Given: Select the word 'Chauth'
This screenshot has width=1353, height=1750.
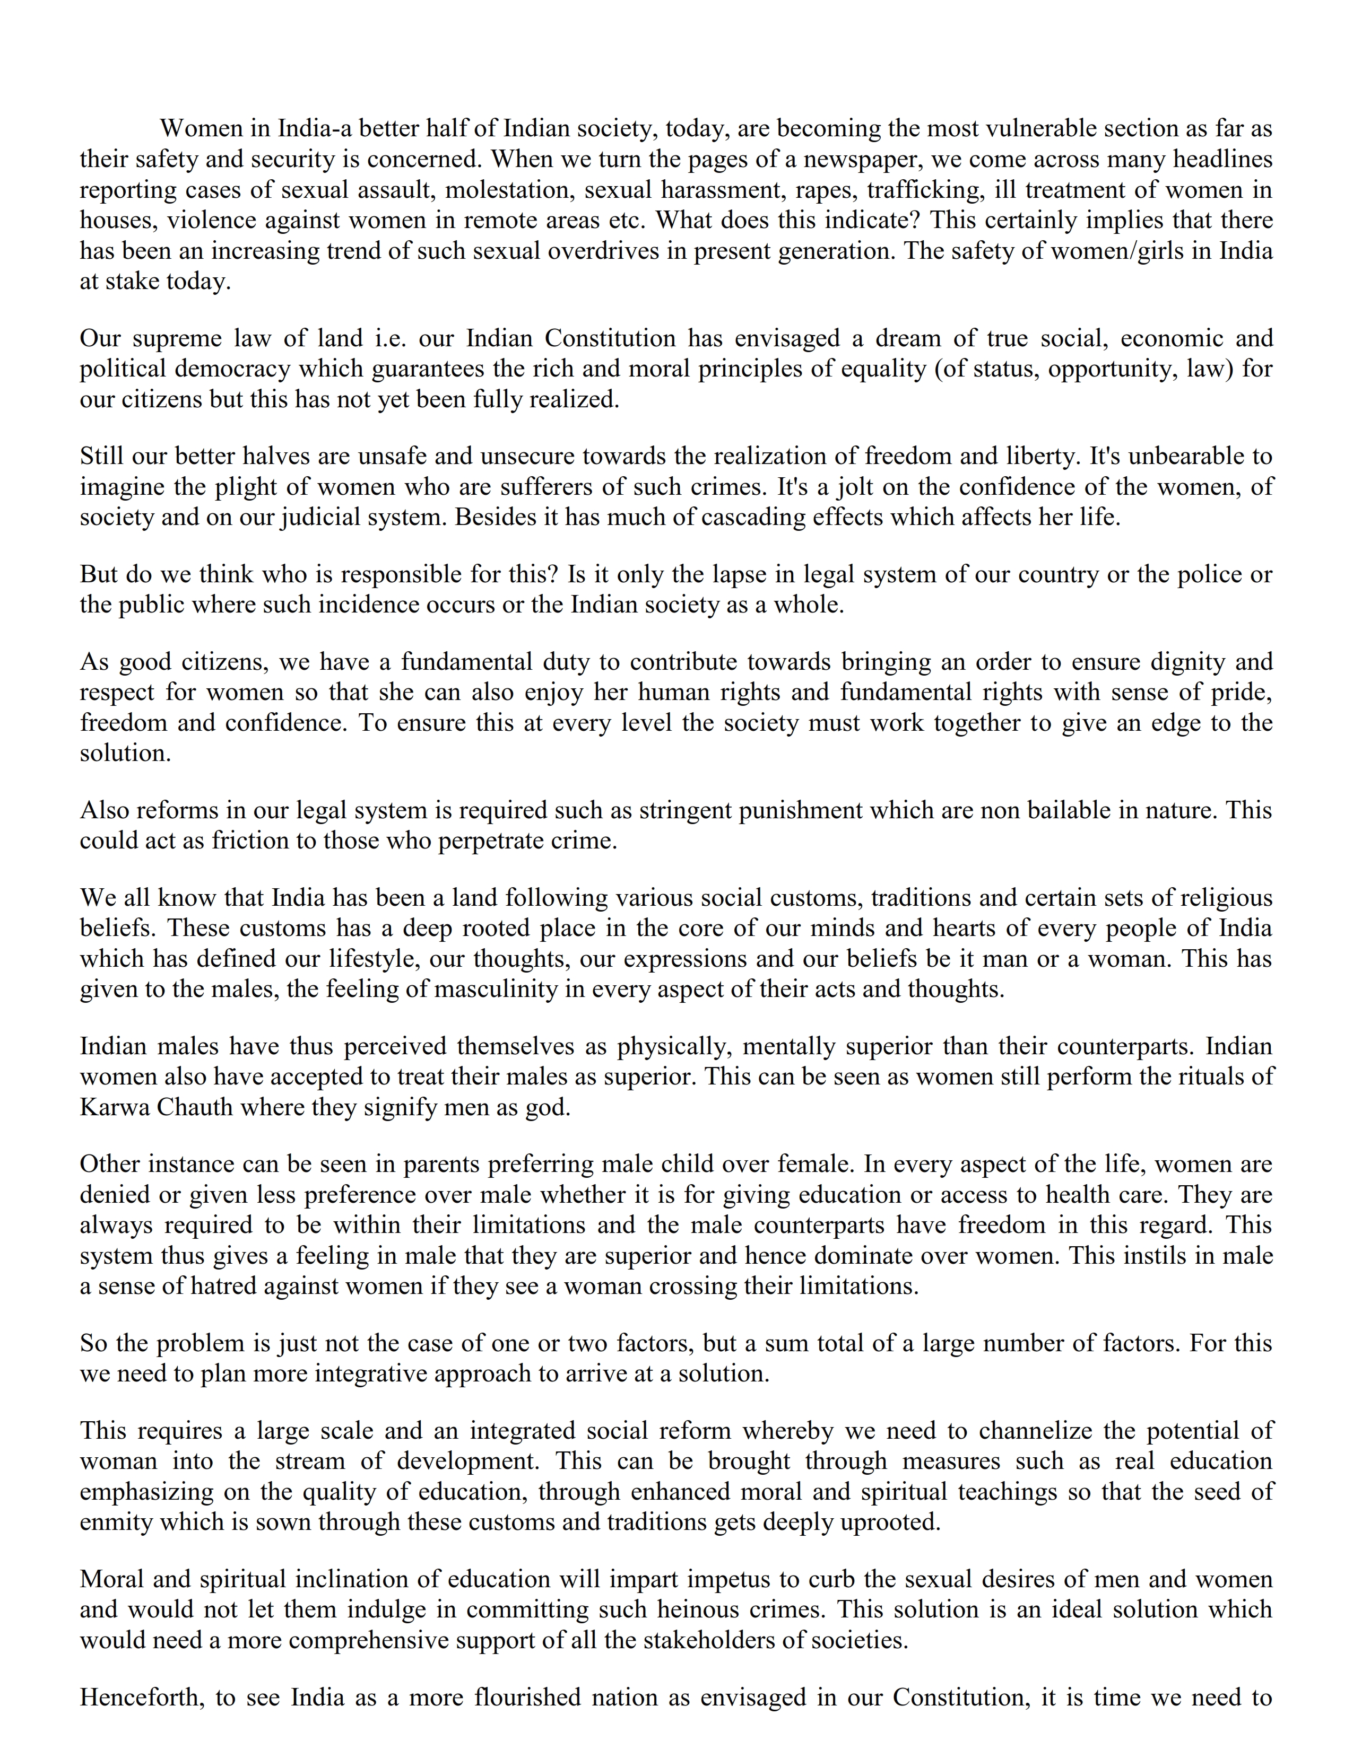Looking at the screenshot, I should pyautogui.click(x=198, y=1107).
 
